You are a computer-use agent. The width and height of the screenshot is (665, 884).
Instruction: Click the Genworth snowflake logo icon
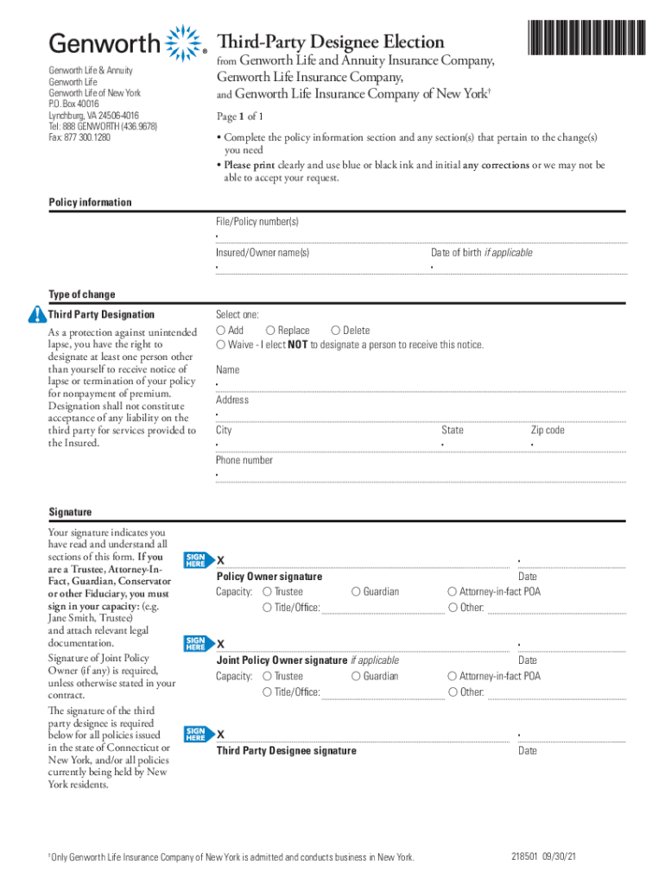coord(181,43)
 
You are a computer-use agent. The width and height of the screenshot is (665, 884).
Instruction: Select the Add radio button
coord(221,331)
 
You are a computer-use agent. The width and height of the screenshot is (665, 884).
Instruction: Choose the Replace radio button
coord(271,331)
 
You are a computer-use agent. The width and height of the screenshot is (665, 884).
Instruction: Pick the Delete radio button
coord(336,331)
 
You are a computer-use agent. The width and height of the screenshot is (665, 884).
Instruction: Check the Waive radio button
coord(221,345)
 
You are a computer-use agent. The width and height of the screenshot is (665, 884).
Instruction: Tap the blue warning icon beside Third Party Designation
coord(36,314)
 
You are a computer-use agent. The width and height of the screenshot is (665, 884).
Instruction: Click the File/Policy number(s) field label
coord(257,223)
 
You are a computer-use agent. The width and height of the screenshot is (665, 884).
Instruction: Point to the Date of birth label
coord(481,253)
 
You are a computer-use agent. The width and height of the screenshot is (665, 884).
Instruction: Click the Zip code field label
coord(548,430)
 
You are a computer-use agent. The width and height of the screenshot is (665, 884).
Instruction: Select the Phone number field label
coord(244,460)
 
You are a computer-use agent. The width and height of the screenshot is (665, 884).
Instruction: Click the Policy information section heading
coord(91,203)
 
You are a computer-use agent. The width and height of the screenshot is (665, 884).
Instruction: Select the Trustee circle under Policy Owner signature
coord(267,592)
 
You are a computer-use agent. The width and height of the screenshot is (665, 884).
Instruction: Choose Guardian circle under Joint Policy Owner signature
coord(356,677)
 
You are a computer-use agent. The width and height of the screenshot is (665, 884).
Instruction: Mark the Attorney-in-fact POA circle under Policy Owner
coord(452,592)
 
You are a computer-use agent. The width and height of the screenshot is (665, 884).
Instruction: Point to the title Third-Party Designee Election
coord(331,41)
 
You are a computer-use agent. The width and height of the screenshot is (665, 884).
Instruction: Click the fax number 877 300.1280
coord(79,137)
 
